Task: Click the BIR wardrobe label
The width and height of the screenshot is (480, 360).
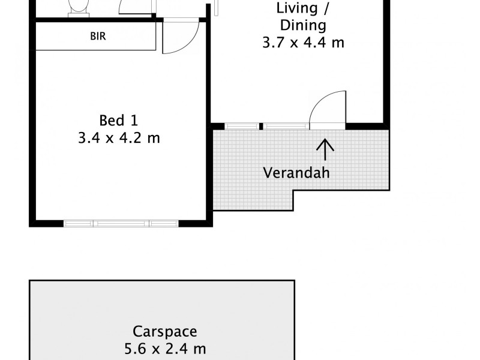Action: point(98,36)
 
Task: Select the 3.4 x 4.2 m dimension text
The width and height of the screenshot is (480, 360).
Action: point(118,138)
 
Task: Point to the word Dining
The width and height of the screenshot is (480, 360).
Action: point(303,26)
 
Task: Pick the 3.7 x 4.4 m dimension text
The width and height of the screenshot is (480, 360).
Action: point(303,43)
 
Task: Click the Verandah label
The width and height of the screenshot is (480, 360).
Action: point(296,173)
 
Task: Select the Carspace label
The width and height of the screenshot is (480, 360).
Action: point(164,331)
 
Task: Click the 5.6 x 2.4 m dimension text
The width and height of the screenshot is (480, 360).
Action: point(164,349)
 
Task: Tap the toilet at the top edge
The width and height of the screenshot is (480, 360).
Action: point(77,7)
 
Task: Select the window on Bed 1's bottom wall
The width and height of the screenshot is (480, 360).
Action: point(121,224)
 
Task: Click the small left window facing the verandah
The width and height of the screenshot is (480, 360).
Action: point(242,126)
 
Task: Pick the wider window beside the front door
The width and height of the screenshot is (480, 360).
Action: point(286,126)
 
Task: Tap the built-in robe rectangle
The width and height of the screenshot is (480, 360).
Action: point(96,37)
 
